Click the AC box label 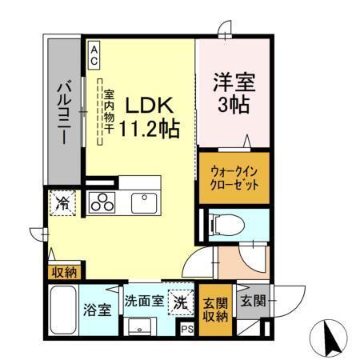click(94, 54)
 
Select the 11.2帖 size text click(149, 127)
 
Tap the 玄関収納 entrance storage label click(214, 308)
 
